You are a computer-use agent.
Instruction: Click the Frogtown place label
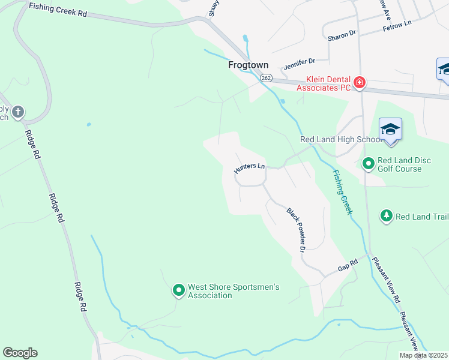tap(248, 65)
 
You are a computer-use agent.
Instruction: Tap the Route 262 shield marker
tap(267, 78)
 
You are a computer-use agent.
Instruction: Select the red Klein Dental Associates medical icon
tap(360, 82)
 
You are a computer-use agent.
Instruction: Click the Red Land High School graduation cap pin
tap(390, 130)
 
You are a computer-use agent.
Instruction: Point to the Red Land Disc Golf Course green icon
tap(368, 163)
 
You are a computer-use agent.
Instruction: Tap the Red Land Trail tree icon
tap(387, 215)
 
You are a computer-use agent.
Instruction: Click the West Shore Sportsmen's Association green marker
tap(178, 291)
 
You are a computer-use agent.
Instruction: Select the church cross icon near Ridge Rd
tap(18, 112)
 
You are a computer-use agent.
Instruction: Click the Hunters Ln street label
tap(249, 168)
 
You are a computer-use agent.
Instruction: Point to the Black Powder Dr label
tap(297, 230)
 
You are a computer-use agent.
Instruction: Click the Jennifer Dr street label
tap(299, 61)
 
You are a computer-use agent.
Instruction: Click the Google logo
tap(20, 353)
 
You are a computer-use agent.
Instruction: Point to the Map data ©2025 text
tap(424, 355)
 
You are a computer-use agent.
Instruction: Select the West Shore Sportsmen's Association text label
tap(234, 291)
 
